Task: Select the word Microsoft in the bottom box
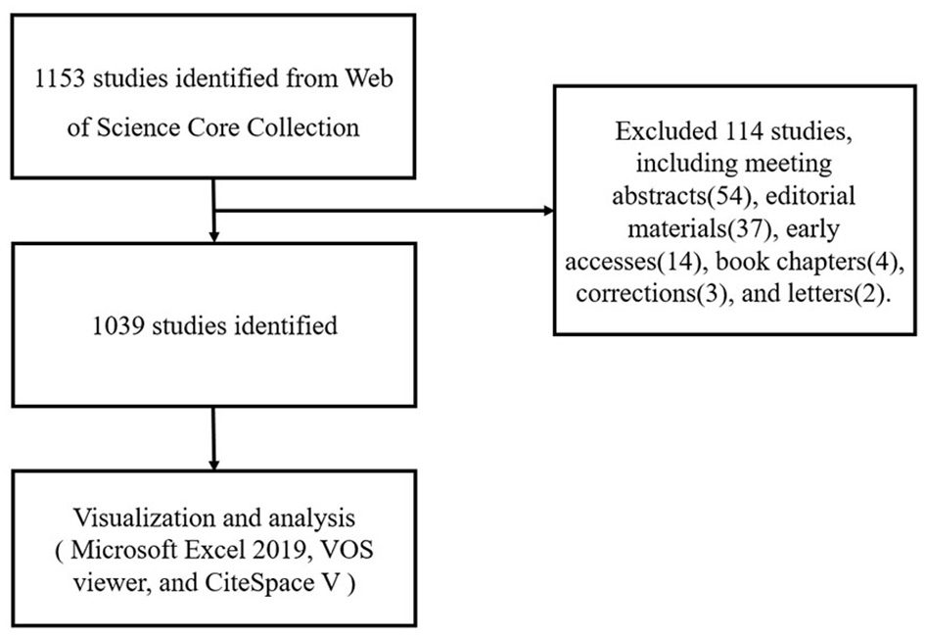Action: click(x=114, y=547)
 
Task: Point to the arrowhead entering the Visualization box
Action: click(x=212, y=462)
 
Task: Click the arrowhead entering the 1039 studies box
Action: click(x=212, y=236)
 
